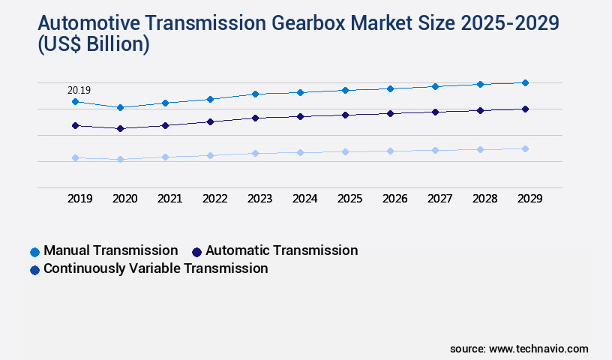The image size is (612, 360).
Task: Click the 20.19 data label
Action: coord(79,91)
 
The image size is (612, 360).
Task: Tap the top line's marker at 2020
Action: coord(120,107)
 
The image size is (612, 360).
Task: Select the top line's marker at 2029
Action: coord(525,82)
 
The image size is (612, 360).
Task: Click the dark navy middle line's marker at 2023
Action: coord(255,118)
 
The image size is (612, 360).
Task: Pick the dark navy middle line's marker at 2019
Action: coord(75,125)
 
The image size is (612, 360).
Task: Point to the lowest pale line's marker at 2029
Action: coord(525,148)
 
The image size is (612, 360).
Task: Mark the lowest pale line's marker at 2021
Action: coord(165,157)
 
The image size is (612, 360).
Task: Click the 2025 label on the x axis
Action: coord(349,199)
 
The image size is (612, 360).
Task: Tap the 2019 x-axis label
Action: coord(79,199)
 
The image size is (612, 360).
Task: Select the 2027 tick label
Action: coord(439,199)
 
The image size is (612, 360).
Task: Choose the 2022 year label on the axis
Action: coord(214,199)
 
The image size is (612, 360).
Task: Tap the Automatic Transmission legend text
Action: coord(281,250)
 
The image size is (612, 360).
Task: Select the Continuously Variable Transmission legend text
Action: coord(155,268)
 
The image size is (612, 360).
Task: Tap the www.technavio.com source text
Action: coord(538,349)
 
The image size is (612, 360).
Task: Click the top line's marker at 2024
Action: coord(300,92)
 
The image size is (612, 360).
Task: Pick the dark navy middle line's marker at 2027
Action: coord(435,112)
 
